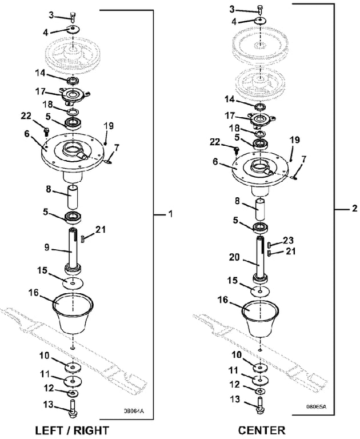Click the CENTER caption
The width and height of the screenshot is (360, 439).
click(x=262, y=429)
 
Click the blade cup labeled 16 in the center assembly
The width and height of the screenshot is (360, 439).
click(x=260, y=318)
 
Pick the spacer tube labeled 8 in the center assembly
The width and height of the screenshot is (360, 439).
click(x=261, y=209)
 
